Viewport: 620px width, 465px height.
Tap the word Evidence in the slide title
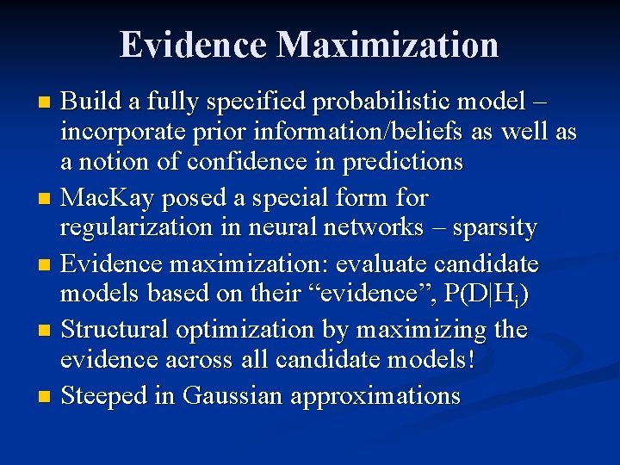[193, 45]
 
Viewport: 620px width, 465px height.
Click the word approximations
[375, 396]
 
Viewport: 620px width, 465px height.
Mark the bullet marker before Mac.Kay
[45, 200]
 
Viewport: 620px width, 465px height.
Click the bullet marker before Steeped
[45, 398]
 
